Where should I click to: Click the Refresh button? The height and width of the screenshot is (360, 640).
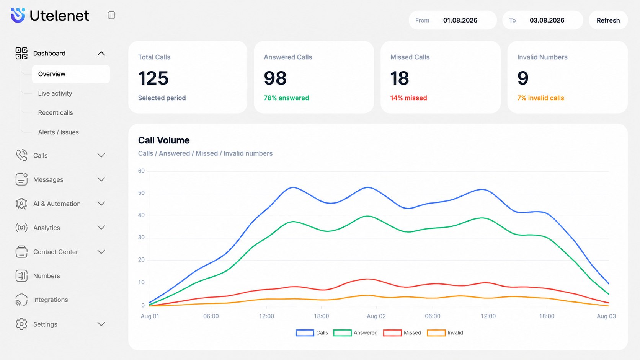608,20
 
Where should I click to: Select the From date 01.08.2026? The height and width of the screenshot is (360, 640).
460,20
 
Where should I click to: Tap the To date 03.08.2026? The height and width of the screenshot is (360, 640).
547,20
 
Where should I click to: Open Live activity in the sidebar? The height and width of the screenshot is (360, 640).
55,93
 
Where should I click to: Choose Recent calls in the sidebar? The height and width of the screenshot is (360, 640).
56,113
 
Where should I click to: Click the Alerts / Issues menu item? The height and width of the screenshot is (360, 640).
58,132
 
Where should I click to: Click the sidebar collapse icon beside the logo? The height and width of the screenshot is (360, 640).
111,15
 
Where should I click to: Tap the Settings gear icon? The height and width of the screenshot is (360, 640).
21,324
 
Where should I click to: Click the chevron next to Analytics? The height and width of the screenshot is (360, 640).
101,228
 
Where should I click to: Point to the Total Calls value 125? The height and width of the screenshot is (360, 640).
153,78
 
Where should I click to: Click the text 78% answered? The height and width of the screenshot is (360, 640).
286,98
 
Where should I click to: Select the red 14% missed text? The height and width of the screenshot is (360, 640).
408,98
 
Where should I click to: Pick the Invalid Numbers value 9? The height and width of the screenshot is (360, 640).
523,78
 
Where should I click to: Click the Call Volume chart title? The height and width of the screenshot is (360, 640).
164,140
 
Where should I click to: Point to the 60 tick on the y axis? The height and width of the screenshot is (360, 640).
141,171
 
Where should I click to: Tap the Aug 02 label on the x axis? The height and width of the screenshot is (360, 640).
376,316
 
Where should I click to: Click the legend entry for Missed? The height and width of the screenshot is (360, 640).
402,332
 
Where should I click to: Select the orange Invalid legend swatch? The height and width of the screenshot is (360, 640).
436,332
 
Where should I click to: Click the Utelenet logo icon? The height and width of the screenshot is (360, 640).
18,15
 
